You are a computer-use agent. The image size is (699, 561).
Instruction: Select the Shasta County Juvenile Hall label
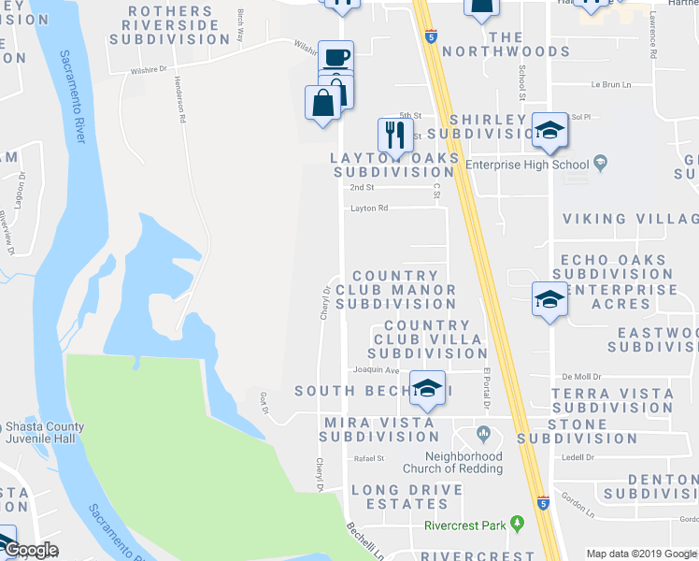tap(42, 434)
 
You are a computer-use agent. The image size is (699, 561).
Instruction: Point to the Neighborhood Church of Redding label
tap(452, 463)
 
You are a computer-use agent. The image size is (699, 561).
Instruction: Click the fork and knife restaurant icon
tap(395, 135)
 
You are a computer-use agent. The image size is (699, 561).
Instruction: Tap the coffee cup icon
tap(336, 57)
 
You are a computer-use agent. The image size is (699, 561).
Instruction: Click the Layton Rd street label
tap(368, 209)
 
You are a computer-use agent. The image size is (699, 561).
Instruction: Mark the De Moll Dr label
tap(578, 376)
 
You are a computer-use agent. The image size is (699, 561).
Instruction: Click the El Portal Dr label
tap(487, 385)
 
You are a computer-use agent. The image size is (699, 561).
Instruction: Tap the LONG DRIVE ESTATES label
tap(407, 496)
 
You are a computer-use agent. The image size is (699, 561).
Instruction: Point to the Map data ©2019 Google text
tap(642, 554)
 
